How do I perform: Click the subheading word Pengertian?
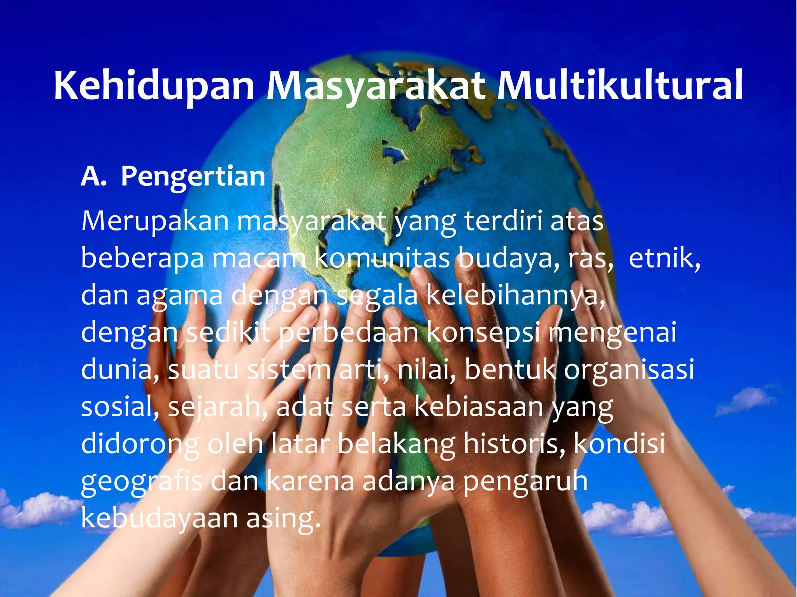[193, 177]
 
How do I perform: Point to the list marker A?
[93, 177]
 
